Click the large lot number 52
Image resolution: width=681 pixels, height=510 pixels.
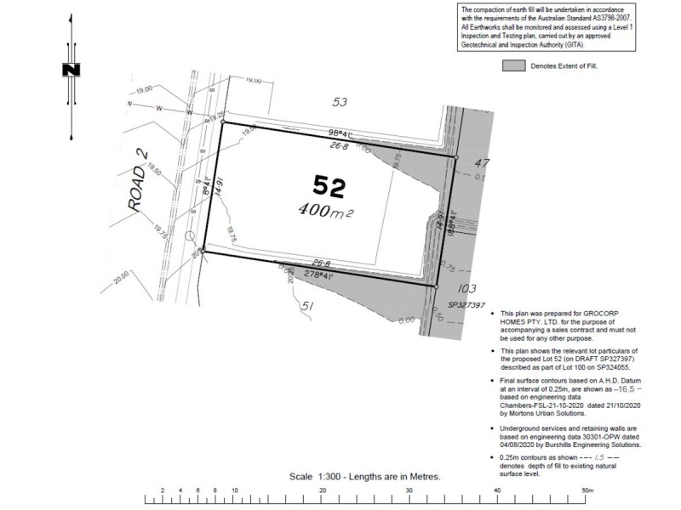pos(330,185)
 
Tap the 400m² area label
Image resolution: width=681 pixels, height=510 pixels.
pos(325,209)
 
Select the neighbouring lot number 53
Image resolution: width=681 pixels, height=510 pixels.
pos(340,102)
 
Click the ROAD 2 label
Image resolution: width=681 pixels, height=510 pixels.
pos(134,182)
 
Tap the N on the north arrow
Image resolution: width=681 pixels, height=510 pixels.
pos(72,70)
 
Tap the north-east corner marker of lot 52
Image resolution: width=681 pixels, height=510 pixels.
pos(456,157)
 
